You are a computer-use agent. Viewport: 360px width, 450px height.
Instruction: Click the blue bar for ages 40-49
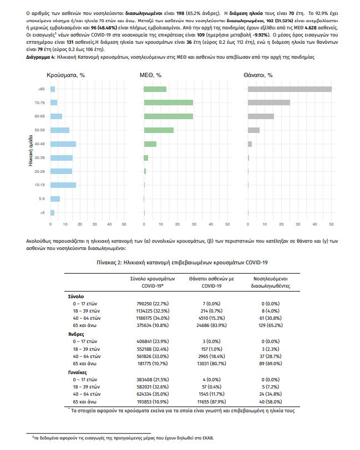pyautogui.click(x=63, y=144)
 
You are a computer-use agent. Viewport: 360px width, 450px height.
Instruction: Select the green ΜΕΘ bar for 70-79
pyautogui.click(x=169, y=103)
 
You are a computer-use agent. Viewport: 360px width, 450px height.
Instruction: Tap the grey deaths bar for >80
pyautogui.click(x=290, y=89)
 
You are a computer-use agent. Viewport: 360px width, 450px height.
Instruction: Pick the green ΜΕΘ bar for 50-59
pyautogui.click(x=159, y=130)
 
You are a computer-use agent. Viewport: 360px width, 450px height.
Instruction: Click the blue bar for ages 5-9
pyautogui.click(x=55, y=199)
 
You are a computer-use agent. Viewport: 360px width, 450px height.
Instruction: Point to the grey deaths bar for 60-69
pyautogui.click(x=261, y=116)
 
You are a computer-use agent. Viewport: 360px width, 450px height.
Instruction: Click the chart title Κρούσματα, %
pyautogui.click(x=66, y=75)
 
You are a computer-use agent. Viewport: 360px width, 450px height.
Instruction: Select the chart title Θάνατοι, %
pyautogui.click(x=258, y=75)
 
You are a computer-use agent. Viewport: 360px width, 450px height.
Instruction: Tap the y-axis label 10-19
pyautogui.click(x=39, y=185)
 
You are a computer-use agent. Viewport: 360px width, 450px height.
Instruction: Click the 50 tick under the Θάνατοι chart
pyautogui.click(x=331, y=224)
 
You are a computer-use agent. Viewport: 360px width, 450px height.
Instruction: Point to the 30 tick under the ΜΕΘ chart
pyautogui.click(x=194, y=224)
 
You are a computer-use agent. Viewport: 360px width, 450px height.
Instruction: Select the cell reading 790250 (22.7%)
pyautogui.click(x=153, y=304)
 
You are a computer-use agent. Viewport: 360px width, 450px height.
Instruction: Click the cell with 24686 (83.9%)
pyautogui.click(x=211, y=325)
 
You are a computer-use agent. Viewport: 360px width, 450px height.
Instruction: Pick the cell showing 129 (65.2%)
pyautogui.click(x=270, y=325)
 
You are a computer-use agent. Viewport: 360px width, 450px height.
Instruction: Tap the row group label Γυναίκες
pyautogui.click(x=77, y=372)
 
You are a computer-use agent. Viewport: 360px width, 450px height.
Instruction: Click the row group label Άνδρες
pyautogui.click(x=76, y=334)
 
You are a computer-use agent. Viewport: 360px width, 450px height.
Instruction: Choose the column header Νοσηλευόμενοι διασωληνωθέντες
pyautogui.click(x=270, y=283)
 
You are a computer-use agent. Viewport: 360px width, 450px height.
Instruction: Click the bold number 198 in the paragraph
pyautogui.click(x=180, y=13)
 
